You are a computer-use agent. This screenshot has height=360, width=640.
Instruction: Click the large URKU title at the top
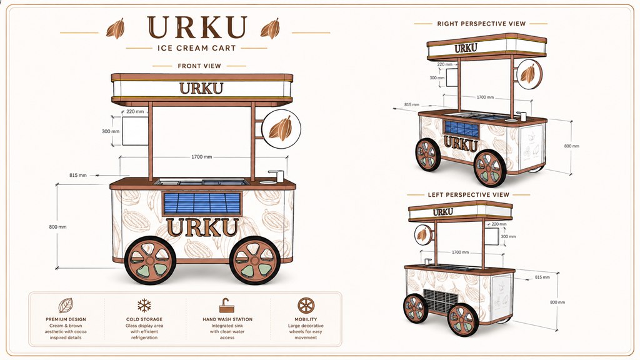(197, 27)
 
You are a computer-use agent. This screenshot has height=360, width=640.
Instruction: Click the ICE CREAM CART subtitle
(197, 48)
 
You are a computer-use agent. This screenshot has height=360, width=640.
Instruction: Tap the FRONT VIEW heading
(199, 66)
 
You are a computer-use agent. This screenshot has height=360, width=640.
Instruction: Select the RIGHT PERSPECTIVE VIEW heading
(481, 24)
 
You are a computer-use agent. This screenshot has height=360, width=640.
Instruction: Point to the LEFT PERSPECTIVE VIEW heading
(469, 195)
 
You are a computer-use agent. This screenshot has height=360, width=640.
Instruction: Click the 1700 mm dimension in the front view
(202, 157)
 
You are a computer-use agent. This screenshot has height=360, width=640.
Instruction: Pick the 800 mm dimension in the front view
(57, 227)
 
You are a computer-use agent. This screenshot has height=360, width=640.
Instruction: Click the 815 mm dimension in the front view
(78, 175)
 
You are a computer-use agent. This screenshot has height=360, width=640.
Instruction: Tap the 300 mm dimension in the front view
(111, 131)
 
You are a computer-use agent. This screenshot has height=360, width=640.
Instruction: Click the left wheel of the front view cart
(150, 260)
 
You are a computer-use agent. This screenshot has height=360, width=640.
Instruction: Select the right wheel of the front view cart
(255, 260)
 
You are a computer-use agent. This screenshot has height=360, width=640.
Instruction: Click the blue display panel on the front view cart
(202, 203)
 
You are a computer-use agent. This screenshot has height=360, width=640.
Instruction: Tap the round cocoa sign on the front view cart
(281, 129)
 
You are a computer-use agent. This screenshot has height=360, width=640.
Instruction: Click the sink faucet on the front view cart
(277, 176)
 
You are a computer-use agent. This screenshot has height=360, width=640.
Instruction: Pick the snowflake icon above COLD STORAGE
(144, 305)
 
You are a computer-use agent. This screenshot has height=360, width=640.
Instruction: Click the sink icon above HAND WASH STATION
(227, 305)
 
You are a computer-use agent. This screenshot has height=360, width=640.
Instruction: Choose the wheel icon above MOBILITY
(306, 305)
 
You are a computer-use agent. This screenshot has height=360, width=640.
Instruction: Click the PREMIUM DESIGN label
(66, 319)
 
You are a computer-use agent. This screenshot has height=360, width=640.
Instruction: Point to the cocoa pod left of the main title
(116, 29)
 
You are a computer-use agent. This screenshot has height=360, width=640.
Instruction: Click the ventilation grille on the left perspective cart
(441, 301)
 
